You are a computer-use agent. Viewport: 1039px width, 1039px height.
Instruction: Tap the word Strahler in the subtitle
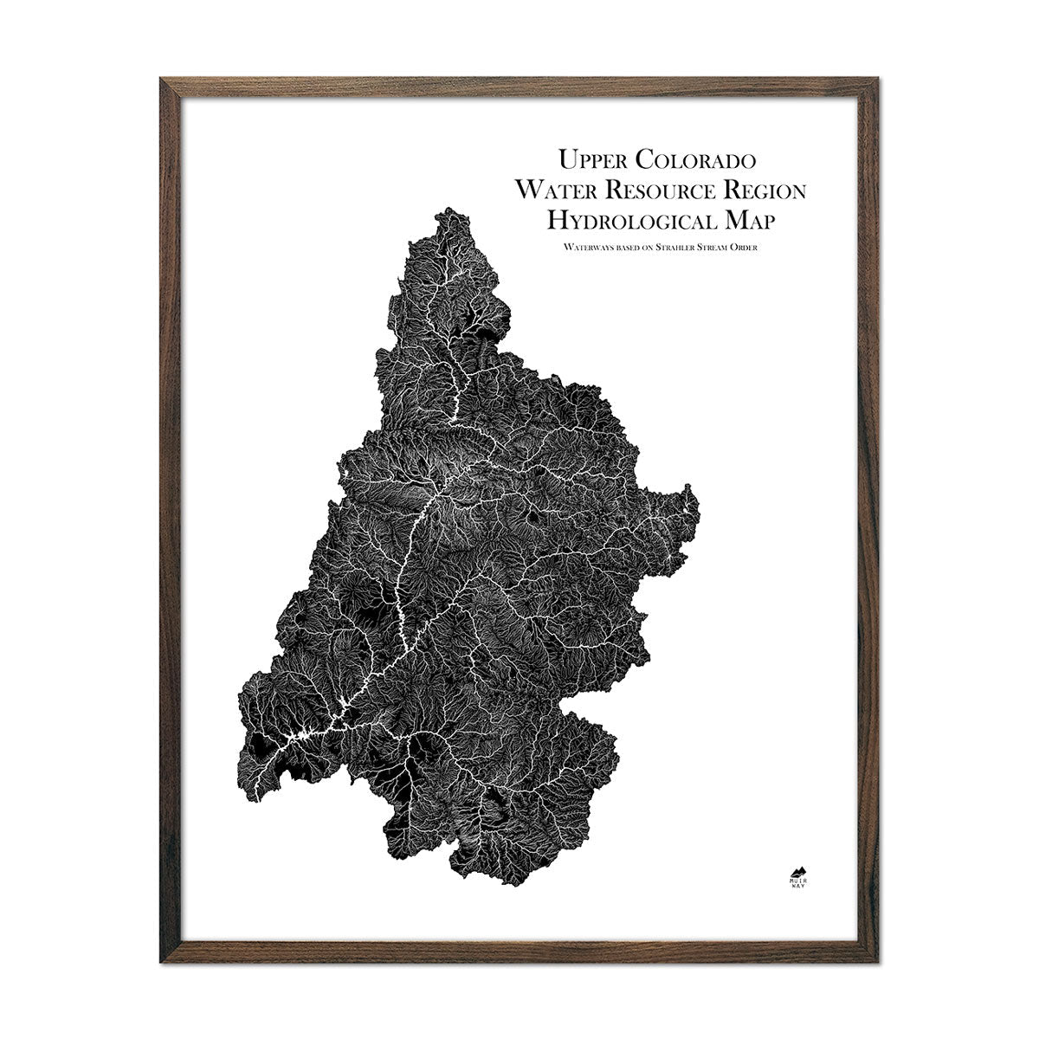(675, 248)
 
